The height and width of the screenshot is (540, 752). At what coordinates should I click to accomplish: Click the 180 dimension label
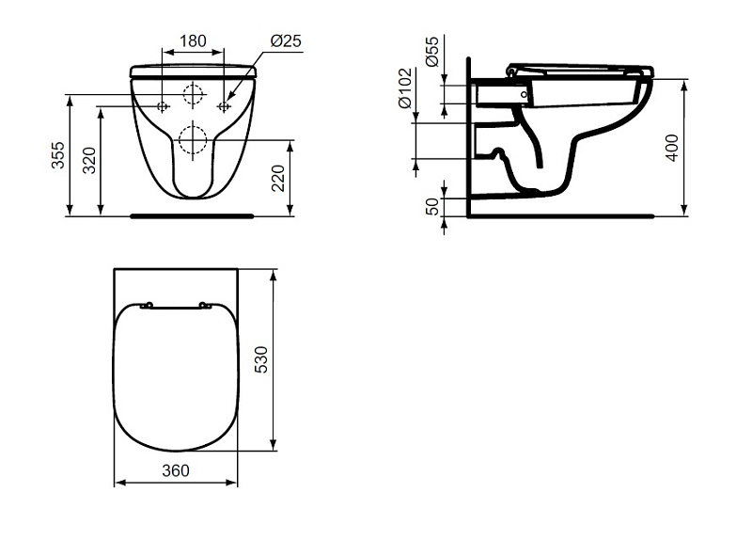[x=193, y=40]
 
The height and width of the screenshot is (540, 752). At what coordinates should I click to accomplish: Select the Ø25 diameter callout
[x=286, y=40]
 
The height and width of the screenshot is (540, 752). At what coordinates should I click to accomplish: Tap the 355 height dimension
[x=57, y=154]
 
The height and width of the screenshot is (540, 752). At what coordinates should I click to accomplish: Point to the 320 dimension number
[x=89, y=160]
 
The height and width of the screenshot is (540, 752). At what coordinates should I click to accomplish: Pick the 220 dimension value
[x=278, y=178]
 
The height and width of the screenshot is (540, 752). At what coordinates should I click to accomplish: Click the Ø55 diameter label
[x=431, y=52]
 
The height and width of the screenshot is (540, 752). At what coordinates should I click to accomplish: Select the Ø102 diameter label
[x=405, y=87]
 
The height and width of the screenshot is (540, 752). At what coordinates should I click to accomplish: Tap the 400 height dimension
[x=672, y=148]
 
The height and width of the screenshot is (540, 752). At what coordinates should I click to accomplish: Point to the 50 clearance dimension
[x=432, y=206]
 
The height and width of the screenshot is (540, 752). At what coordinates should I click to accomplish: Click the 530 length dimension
[x=261, y=360]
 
